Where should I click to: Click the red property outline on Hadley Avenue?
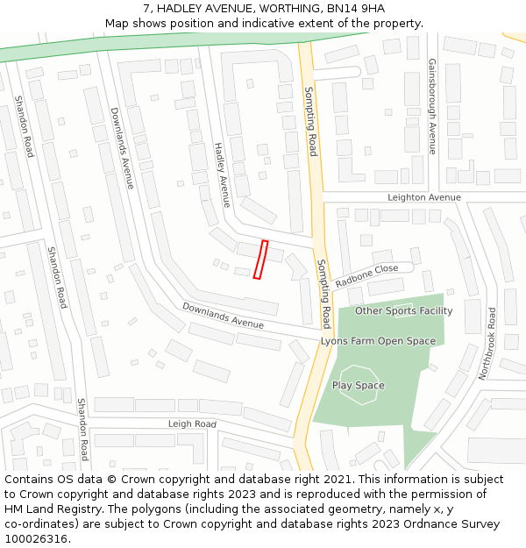point(260,260)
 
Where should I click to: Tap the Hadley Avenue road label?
point(222,174)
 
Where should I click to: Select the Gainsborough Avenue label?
point(431,106)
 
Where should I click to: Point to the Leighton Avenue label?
point(424,197)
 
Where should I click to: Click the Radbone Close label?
point(366,275)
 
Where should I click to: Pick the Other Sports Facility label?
point(403,311)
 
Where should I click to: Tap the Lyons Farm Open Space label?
point(378,341)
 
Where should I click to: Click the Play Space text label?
point(358,385)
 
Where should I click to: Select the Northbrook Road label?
point(487,343)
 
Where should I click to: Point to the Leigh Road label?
point(192,424)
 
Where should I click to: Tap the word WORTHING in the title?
point(260,8)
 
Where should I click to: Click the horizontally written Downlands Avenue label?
point(223,317)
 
